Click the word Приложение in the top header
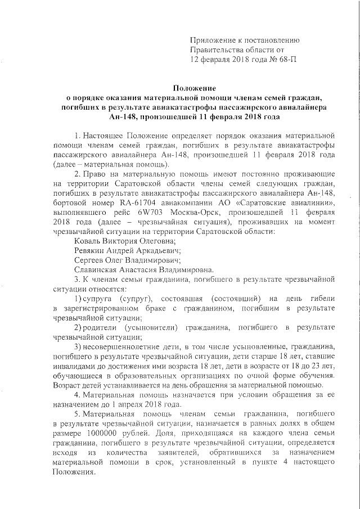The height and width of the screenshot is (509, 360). click(213, 40)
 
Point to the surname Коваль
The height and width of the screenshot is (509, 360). click(87, 240)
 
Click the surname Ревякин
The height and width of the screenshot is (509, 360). click(91, 250)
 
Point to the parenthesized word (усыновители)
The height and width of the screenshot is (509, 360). click(152, 327)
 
